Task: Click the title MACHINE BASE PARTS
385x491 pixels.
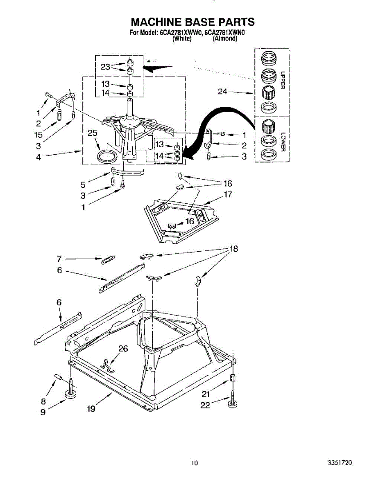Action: [192, 22]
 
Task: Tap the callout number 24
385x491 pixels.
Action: [222, 92]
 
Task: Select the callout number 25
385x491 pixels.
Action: [93, 133]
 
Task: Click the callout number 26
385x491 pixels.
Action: [123, 349]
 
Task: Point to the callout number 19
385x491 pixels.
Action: [91, 408]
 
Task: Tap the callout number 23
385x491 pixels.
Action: [106, 66]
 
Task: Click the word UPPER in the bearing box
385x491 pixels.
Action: [283, 81]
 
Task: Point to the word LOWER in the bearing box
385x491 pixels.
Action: [283, 141]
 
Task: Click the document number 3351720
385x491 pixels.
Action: [340, 463]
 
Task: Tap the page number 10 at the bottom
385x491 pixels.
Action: [195, 463]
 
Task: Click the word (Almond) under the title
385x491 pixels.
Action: [225, 39]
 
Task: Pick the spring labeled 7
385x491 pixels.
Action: [109, 259]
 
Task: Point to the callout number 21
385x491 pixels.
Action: [206, 394]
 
